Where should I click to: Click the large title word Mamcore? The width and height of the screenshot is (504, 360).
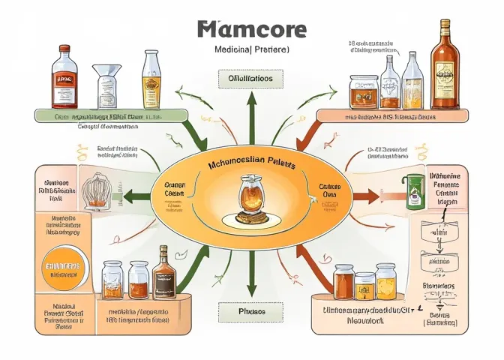[x=252, y=29]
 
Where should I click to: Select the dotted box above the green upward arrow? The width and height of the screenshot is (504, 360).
[x=251, y=77]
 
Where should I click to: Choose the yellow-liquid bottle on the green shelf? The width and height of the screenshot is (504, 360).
[x=151, y=79]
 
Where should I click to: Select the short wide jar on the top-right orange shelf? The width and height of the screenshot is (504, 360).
[x=362, y=91]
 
